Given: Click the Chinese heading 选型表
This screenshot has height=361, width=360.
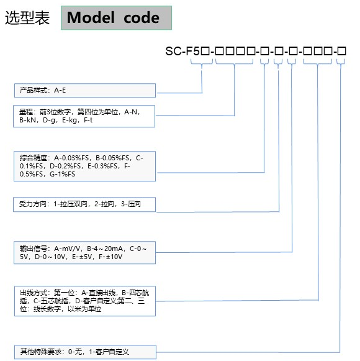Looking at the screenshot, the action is [x=27, y=18].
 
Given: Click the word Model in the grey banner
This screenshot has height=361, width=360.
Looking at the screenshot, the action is [x=91, y=17].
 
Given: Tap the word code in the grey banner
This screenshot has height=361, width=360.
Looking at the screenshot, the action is [x=142, y=18].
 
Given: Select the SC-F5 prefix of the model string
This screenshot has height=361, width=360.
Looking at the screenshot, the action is [x=182, y=51].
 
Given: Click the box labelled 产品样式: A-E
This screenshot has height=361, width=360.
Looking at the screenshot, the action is [x=85, y=91].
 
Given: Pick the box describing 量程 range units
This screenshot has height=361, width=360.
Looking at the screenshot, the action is [x=84, y=116].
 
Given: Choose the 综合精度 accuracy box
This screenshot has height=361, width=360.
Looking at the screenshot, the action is [x=84, y=167].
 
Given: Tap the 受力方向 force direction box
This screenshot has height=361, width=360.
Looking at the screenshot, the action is [x=84, y=204].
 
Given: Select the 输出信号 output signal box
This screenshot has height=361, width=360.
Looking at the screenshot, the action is [x=84, y=252].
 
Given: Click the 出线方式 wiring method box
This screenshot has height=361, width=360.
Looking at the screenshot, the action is [x=85, y=301].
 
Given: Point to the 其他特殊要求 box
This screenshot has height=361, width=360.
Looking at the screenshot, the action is [x=85, y=352].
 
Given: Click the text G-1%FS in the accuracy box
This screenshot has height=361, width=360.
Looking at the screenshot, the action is [x=62, y=174].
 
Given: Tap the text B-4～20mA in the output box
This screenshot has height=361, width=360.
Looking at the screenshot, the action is [x=105, y=249].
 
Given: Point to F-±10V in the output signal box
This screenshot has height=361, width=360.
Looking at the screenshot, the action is [x=110, y=257].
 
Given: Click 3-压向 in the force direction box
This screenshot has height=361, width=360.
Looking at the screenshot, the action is [x=131, y=204].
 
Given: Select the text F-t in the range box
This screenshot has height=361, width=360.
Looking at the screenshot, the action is [x=88, y=120].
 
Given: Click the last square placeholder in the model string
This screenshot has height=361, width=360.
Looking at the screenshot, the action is [x=342, y=51].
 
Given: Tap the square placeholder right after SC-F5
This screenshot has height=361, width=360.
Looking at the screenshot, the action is [x=205, y=51].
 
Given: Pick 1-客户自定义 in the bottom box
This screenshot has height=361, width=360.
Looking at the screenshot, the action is [x=109, y=352].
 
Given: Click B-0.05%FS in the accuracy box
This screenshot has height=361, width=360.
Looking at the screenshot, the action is [x=112, y=158].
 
